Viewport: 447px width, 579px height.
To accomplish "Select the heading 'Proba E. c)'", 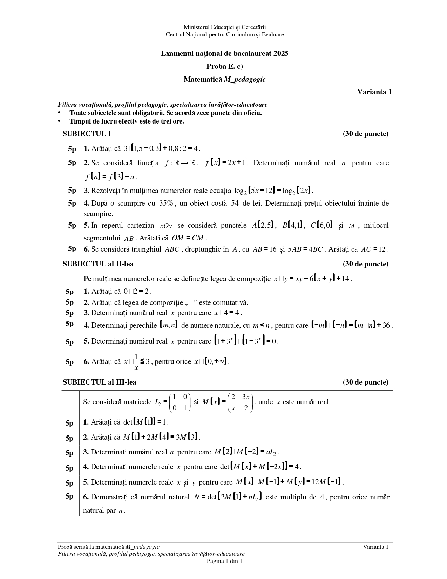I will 224,66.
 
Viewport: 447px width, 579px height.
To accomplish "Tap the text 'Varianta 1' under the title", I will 374,92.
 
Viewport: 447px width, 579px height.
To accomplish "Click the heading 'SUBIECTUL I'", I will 87,134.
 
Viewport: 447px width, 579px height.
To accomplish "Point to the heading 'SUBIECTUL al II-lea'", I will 98,264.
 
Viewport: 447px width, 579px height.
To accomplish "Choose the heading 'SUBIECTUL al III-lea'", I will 99,382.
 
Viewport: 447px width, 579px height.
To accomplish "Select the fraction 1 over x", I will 136,362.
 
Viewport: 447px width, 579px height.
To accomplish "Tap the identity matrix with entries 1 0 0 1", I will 180,402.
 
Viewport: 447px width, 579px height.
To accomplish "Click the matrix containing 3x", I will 241,402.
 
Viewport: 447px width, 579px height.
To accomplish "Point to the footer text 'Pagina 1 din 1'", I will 224,561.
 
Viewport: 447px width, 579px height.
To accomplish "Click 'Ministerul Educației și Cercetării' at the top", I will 224,27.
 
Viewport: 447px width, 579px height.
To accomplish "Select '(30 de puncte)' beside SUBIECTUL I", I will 365,134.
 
